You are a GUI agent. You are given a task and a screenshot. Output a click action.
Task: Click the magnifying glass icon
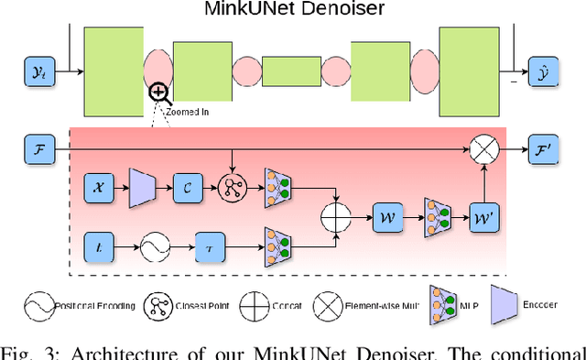(159, 91)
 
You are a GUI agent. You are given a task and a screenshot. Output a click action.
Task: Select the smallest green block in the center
(293, 70)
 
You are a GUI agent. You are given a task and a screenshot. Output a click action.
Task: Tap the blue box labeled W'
(483, 218)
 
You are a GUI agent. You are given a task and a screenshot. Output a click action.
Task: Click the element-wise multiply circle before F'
(483, 146)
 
